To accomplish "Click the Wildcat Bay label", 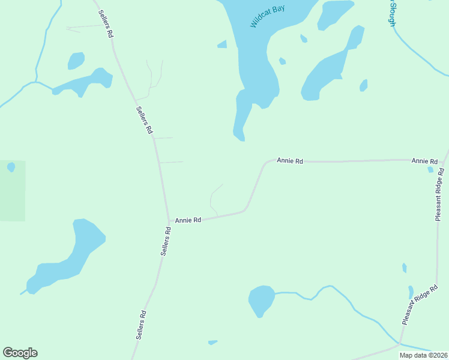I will click(267, 17).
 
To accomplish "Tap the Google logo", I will click(20, 353).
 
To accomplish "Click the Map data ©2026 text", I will click(423, 355).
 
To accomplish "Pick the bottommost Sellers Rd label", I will click(141, 326).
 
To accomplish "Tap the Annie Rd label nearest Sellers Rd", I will click(188, 220).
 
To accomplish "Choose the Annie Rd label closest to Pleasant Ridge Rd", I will click(424, 161).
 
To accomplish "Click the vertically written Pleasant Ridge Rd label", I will click(439, 194).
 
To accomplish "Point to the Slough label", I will click(392, 13).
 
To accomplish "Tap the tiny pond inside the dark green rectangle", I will click(11, 167).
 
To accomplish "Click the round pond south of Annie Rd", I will click(261, 300).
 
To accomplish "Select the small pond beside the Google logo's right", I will click(212, 343).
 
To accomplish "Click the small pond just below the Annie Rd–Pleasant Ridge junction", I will click(430, 170).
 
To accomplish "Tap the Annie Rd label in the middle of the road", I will click(290, 161).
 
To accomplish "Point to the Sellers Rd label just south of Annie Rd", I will click(166, 241).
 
